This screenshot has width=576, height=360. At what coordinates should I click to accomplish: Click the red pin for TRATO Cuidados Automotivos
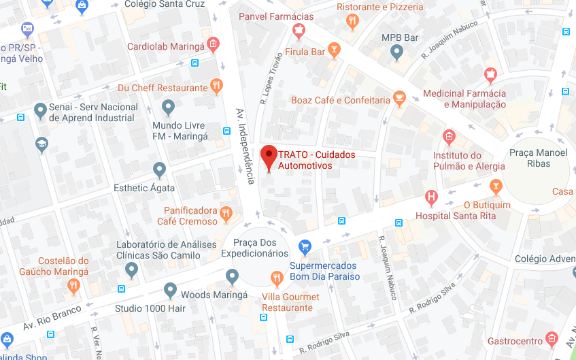(x=269, y=156)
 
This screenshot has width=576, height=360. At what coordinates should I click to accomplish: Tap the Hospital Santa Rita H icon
(x=430, y=198)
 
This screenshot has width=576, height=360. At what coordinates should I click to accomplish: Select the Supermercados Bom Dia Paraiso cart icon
(x=305, y=246)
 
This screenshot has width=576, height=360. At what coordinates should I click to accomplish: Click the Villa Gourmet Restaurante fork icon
(x=277, y=278)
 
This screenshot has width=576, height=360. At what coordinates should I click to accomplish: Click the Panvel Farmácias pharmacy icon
(x=298, y=30)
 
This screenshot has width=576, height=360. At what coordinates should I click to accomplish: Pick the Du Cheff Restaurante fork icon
(x=216, y=86)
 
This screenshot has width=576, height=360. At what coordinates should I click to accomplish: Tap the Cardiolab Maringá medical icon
(x=213, y=45)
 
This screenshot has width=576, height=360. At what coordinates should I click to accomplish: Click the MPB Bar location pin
(x=399, y=53)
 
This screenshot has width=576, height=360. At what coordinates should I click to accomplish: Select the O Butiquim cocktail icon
(x=496, y=186)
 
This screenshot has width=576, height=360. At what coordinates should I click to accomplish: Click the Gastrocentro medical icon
(x=552, y=339)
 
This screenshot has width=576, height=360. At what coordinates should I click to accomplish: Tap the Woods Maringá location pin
(x=171, y=291)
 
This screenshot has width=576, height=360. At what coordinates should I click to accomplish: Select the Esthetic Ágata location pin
(x=160, y=169)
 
